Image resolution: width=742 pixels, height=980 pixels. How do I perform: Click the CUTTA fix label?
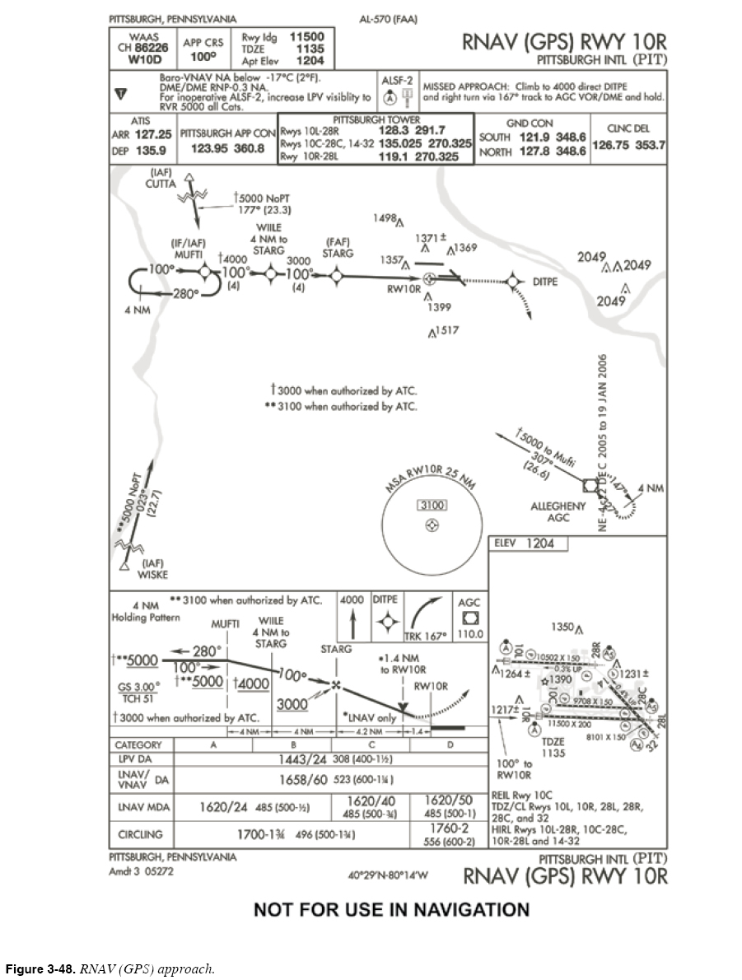coord(161,184)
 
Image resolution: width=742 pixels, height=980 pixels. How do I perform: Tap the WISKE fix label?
coord(152,574)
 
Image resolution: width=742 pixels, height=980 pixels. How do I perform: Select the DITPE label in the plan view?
coord(545,282)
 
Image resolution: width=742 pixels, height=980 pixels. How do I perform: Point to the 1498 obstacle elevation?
coord(385,218)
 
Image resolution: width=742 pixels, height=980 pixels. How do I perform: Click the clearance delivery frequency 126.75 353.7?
coord(628,145)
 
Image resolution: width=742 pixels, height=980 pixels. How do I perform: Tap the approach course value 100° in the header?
coord(203,58)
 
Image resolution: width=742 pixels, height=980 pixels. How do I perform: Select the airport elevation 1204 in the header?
coord(310,60)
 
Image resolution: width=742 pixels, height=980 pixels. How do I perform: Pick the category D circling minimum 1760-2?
coord(449,828)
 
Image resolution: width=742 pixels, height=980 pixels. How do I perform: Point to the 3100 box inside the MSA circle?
coord(432,505)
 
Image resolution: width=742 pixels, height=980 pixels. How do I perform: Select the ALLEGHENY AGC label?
coord(558,511)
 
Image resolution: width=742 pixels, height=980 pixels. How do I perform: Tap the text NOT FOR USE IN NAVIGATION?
coord(391,910)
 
